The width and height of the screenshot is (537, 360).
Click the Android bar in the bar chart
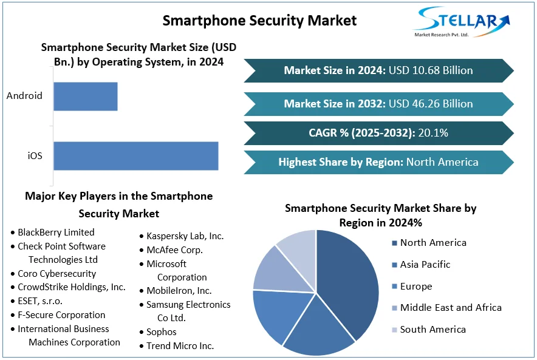85,96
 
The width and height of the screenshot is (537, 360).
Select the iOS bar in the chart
135,155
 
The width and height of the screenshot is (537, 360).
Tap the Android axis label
24,95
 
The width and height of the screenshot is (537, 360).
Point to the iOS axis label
35,155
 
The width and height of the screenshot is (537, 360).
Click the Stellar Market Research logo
462,22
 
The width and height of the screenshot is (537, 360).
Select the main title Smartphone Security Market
259,20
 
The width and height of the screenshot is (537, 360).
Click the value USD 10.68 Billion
432,70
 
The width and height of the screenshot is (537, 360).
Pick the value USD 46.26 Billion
432,103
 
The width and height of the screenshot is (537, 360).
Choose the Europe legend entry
416,286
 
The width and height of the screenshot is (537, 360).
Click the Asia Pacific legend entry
425,264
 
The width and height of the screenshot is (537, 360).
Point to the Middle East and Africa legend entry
451,307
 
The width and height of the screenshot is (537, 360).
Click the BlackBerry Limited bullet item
56,232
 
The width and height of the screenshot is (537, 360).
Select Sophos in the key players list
161,331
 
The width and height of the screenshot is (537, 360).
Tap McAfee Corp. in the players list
174,250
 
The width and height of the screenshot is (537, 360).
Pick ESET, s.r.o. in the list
40,301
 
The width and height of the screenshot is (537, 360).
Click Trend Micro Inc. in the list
180,345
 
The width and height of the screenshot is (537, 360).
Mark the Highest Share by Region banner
378,162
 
